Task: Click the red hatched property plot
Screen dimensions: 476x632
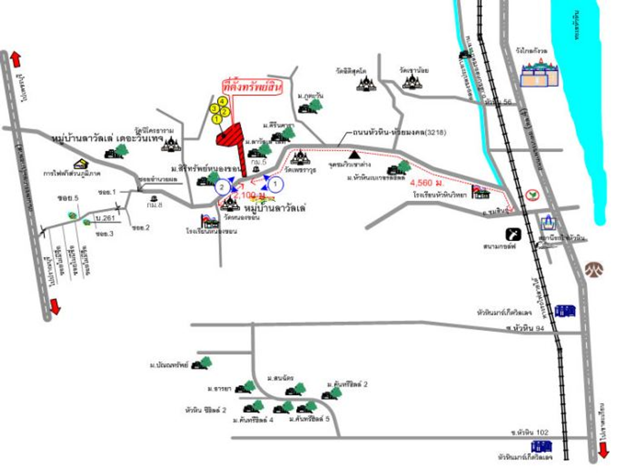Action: pos(230,135)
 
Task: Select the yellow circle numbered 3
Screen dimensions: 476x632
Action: pos(214,108)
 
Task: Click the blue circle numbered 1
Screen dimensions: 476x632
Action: pos(276,185)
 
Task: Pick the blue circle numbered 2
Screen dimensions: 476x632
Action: pos(222,187)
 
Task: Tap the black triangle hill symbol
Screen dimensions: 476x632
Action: pos(354,154)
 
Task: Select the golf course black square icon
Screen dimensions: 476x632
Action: pos(513,234)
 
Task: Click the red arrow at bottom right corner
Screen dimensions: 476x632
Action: pos(603,451)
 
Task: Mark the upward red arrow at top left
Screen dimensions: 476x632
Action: pos(16,59)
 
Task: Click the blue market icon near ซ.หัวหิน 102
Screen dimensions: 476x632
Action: pos(542,446)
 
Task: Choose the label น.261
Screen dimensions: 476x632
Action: pos(105,218)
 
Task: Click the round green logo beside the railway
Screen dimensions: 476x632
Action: pos(531,195)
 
